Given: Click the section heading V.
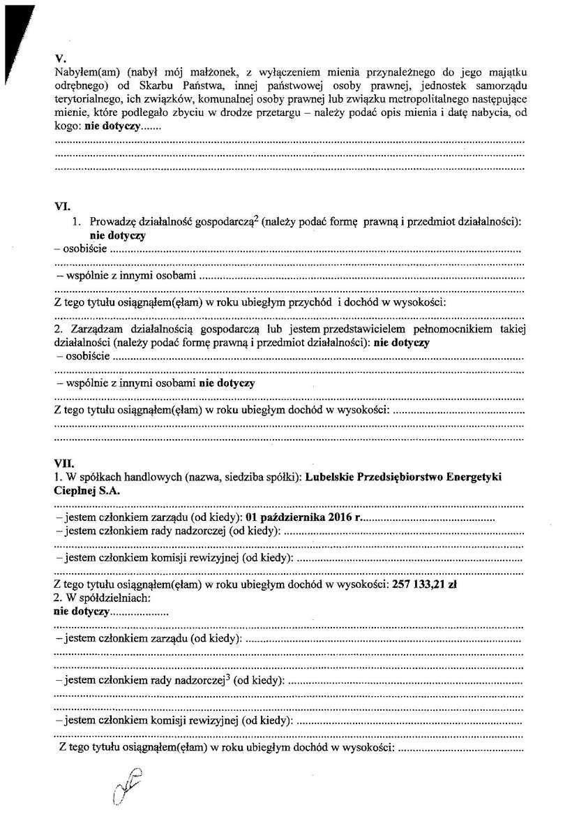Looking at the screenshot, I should [x=59, y=59].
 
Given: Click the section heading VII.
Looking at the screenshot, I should [x=63, y=462].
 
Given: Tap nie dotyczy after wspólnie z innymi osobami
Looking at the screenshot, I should [x=227, y=383].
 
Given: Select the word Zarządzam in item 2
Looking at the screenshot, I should [x=95, y=330].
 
